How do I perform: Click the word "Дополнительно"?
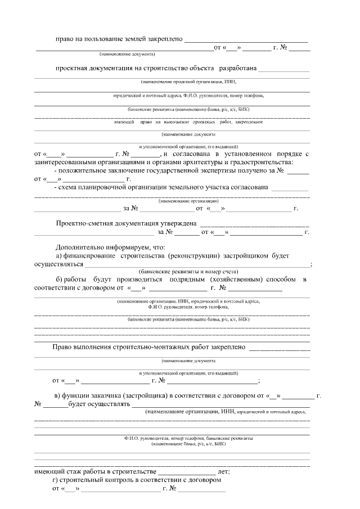tap(82, 247)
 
